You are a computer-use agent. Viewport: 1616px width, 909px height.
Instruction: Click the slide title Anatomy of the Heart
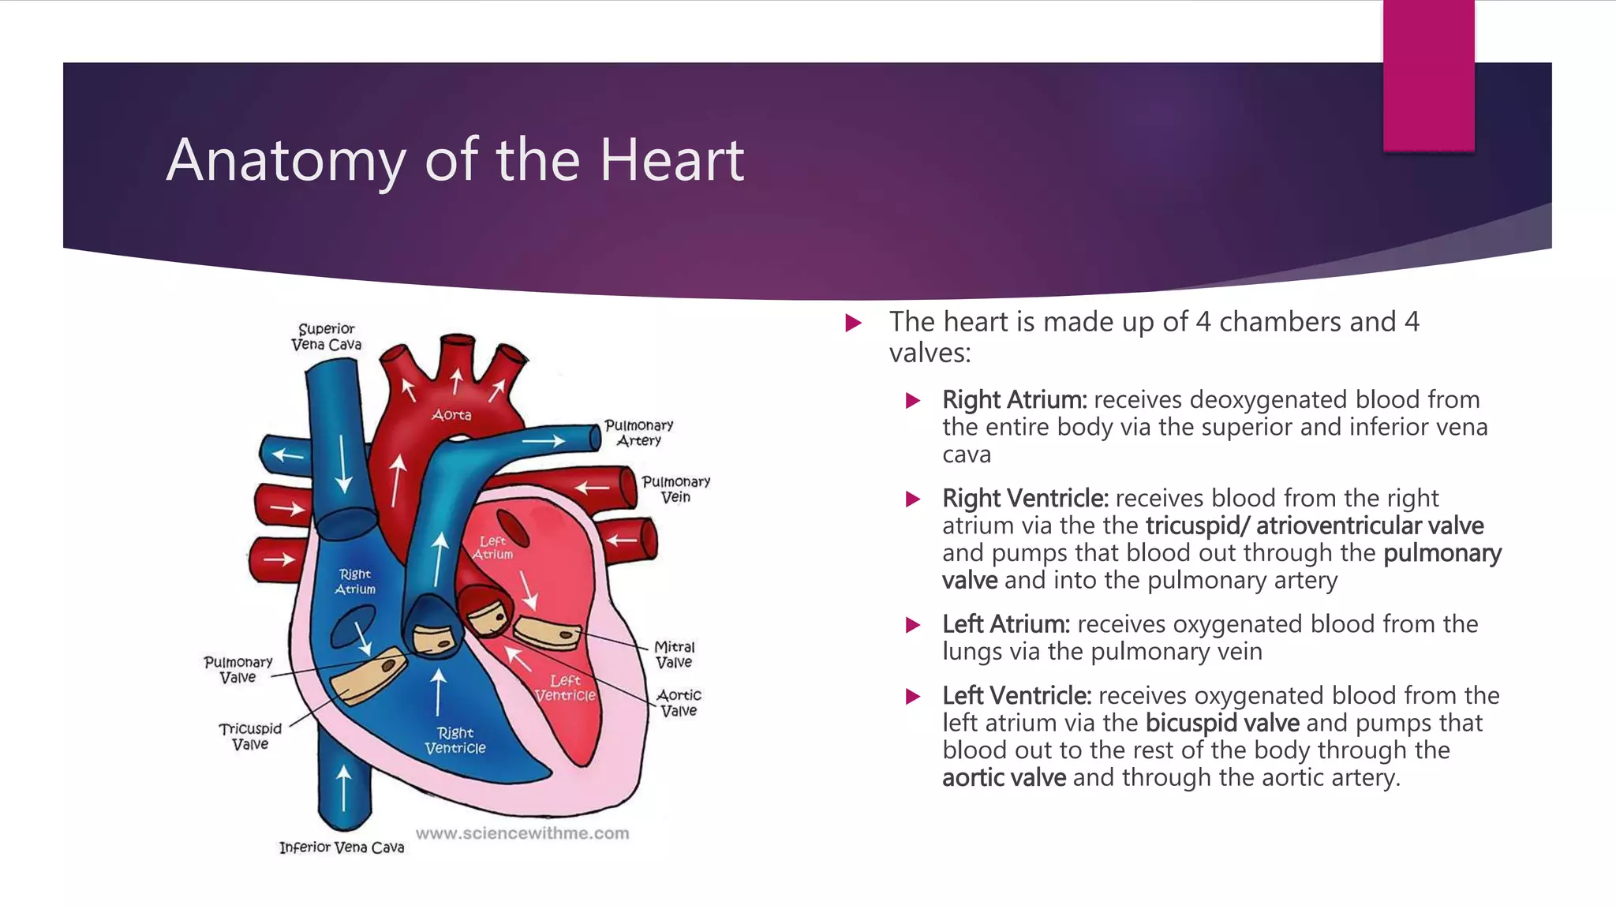click(x=454, y=160)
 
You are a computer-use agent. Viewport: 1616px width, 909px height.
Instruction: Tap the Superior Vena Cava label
click(x=326, y=337)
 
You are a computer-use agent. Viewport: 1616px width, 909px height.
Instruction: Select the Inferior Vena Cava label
click(x=342, y=847)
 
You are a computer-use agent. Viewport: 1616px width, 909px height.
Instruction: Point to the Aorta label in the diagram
click(x=451, y=415)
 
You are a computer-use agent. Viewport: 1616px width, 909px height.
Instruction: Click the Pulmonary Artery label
click(x=638, y=433)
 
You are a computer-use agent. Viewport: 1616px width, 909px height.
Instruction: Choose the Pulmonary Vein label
click(x=675, y=489)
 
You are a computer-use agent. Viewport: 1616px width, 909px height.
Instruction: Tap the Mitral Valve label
click(x=674, y=655)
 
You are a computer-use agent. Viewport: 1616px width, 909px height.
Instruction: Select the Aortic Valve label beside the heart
click(x=679, y=703)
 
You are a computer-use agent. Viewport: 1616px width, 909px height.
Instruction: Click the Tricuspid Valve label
click(x=250, y=736)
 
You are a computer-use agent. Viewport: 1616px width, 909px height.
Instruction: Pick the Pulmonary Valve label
click(x=238, y=670)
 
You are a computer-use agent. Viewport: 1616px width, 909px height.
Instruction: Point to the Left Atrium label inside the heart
click(x=493, y=548)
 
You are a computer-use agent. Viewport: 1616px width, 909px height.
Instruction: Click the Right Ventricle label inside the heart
click(x=455, y=740)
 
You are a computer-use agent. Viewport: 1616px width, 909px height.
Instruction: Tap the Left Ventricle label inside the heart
click(x=565, y=687)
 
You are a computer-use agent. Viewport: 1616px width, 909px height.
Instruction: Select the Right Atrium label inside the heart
click(x=355, y=582)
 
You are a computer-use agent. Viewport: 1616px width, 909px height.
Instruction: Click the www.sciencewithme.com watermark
click(x=522, y=833)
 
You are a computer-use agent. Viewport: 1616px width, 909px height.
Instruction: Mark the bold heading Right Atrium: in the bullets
click(x=1015, y=400)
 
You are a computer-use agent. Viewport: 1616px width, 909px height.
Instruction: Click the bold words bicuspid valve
click(x=1222, y=723)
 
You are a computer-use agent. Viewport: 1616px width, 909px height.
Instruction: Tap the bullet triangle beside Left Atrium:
click(x=914, y=626)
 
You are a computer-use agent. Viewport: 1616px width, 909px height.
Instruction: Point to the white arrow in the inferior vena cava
click(x=343, y=787)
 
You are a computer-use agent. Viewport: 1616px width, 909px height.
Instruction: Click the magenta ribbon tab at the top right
click(x=1428, y=75)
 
